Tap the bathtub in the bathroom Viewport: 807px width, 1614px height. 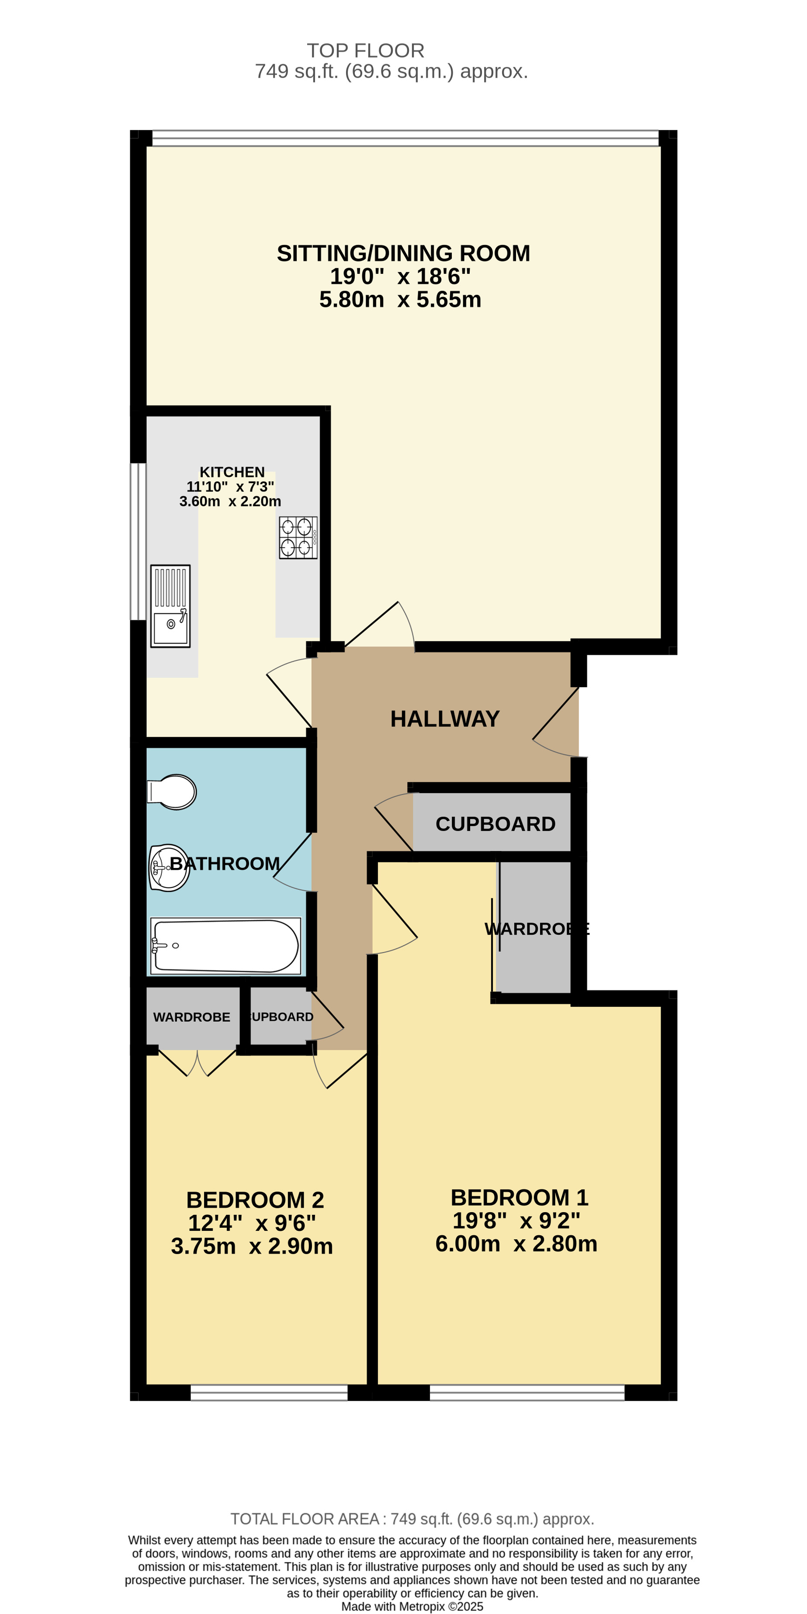(x=225, y=946)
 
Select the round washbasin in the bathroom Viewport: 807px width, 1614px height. (x=169, y=868)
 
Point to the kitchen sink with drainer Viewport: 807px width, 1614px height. (x=170, y=606)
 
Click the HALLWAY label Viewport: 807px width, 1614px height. (x=445, y=719)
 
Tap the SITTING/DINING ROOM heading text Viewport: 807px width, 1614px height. (x=404, y=253)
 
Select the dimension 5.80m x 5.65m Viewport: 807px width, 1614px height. (x=400, y=300)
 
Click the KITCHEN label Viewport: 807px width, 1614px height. (x=232, y=472)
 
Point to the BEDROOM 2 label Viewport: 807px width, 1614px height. (x=255, y=1200)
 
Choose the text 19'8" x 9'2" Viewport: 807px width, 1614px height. (x=516, y=1220)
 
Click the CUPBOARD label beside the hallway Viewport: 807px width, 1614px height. (x=495, y=824)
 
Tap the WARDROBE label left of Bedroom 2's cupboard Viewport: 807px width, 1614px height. (x=192, y=1017)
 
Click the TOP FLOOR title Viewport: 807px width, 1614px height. (x=365, y=50)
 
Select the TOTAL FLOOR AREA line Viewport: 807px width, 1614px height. (x=412, y=1519)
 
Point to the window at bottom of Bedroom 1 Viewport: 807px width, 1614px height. (x=527, y=1393)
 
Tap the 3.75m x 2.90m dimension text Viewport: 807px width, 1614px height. (x=252, y=1246)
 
